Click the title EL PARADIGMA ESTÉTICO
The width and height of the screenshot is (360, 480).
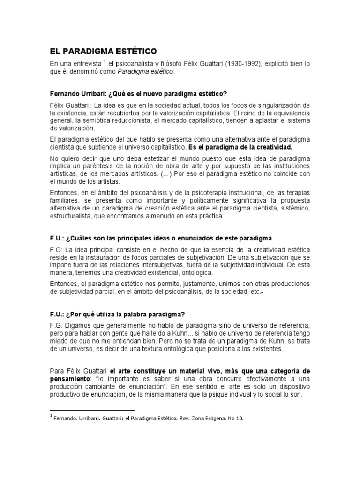click(104, 50)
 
